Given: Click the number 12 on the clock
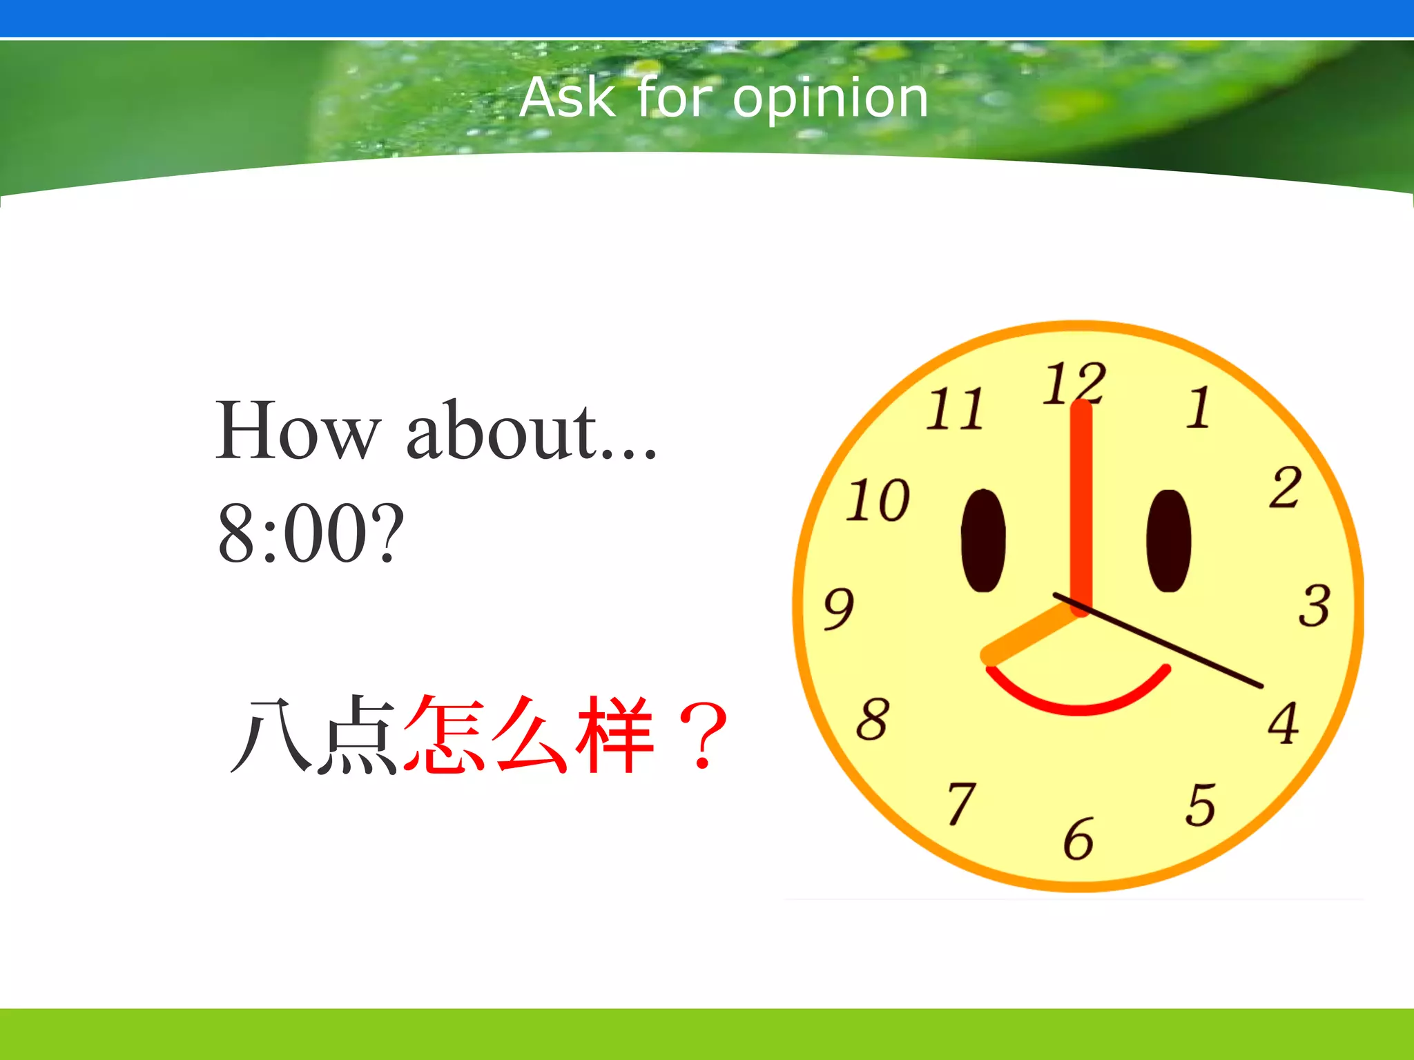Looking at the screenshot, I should click(x=1074, y=383).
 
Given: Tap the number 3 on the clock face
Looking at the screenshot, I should click(x=1314, y=606).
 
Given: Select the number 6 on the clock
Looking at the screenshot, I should click(x=1078, y=839).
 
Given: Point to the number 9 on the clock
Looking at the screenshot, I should click(x=839, y=609).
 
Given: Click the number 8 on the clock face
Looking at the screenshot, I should click(x=873, y=719).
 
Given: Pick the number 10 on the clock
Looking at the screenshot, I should click(x=878, y=500).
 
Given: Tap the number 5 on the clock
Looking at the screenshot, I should click(x=1201, y=805).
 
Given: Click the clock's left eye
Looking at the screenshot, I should click(x=983, y=540).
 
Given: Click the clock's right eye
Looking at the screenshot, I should click(x=1169, y=540).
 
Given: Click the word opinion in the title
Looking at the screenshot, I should click(x=830, y=99).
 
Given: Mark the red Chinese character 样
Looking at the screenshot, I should click(x=614, y=734).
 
